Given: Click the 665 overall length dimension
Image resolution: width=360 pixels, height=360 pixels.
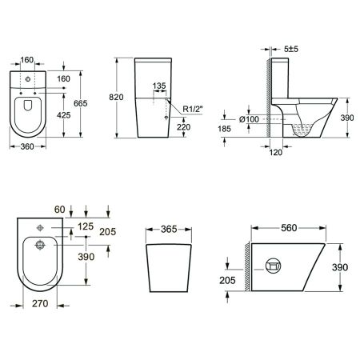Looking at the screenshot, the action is pos(80,103).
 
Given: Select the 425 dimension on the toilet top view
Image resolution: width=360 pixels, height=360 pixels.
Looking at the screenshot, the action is pos(64,115).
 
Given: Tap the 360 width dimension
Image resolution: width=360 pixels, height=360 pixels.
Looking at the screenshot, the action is pos(27,146).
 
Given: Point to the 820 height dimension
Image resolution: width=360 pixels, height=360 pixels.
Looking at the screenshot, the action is pos(116,97).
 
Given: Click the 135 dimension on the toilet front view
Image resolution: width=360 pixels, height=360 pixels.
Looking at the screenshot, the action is pos(159,86).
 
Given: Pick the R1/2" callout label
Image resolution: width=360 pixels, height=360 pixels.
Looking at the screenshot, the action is pos(193,109).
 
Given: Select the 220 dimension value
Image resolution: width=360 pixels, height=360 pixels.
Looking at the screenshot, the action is pos(183,127).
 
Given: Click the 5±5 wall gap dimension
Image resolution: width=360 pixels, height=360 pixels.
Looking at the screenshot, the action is pos(291,49).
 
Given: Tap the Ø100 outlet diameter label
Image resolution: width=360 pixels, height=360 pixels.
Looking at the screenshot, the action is pos(249,119).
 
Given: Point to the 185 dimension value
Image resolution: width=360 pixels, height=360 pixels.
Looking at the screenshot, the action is pos(224,129).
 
